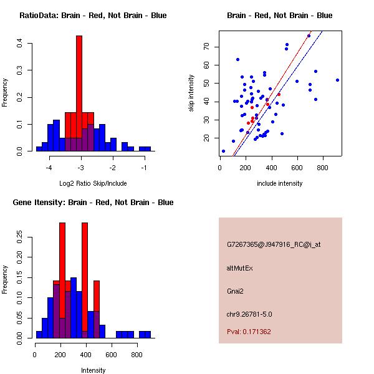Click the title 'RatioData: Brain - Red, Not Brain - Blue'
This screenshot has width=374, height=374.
click(93, 16)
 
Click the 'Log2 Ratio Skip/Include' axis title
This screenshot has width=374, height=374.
click(93, 183)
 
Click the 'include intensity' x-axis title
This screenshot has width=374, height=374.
click(280, 183)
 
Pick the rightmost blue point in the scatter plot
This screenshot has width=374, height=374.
click(337, 80)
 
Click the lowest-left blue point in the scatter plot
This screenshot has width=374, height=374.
click(223, 151)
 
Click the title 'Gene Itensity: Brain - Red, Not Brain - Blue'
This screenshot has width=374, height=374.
click(93, 203)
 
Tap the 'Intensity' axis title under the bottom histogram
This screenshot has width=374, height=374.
click(93, 370)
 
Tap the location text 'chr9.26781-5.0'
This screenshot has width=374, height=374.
click(249, 314)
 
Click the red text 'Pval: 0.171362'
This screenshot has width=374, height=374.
click(249, 332)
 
